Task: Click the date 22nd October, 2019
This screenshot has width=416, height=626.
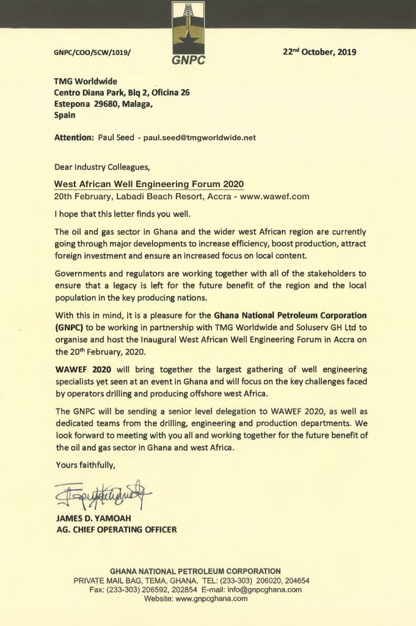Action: pos(319,52)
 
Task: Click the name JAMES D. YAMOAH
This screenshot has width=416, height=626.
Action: pos(90,519)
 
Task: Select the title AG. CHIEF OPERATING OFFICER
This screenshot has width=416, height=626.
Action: pos(116,529)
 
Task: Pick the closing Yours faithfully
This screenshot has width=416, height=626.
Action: pos(84,465)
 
